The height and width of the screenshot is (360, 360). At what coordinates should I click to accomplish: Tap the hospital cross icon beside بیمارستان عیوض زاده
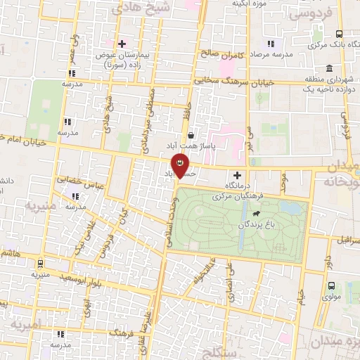(x=122, y=44)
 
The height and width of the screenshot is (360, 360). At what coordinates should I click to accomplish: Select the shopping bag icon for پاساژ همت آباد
(x=191, y=136)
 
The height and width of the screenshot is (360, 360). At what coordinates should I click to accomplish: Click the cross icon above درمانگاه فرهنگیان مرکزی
(x=237, y=175)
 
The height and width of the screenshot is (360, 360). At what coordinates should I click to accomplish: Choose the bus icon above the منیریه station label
(x=39, y=264)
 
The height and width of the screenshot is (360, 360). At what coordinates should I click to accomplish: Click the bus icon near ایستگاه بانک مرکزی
(x=340, y=34)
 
